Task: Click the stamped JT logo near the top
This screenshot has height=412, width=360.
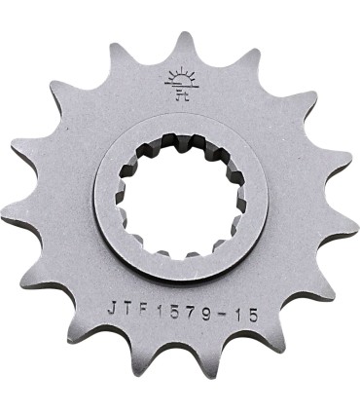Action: coord(180,85)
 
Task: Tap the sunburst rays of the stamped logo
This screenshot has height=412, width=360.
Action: coord(180,78)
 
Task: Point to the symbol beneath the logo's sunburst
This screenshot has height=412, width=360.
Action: coord(180,94)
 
